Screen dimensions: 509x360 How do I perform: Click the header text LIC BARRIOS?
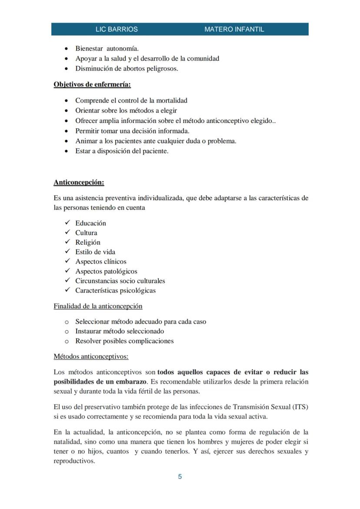[x=117, y=29]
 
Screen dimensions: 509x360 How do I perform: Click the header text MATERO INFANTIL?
[x=234, y=29]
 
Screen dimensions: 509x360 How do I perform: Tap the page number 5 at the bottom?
[x=180, y=477]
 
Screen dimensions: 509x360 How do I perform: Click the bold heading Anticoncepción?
[x=79, y=182]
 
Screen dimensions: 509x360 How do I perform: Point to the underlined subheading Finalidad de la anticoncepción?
[x=98, y=306]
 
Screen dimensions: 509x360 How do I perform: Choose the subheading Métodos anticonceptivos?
[x=91, y=356]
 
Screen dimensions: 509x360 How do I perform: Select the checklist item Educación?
[x=90, y=223]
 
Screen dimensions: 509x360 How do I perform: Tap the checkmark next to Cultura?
[x=67, y=233]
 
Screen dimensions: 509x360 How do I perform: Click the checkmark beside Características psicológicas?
[x=67, y=290]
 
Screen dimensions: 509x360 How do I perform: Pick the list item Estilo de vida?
[x=95, y=252]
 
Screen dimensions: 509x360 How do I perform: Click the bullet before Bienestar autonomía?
[x=66, y=49]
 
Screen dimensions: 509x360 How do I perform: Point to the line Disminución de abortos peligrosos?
[x=127, y=68]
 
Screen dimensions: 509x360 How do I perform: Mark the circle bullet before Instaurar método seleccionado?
[x=67, y=332]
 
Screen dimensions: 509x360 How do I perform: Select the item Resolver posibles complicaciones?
[x=124, y=341]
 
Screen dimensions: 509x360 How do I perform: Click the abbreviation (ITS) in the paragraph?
[x=300, y=407]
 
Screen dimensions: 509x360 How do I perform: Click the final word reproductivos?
[x=74, y=461]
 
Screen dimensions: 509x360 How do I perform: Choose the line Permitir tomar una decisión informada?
[x=132, y=130]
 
